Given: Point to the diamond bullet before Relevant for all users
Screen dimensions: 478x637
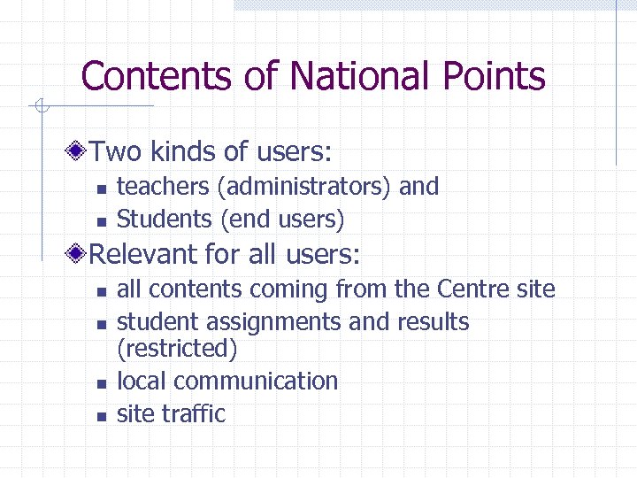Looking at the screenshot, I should (x=80, y=255).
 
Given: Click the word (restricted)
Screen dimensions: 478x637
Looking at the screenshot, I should (x=177, y=349).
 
